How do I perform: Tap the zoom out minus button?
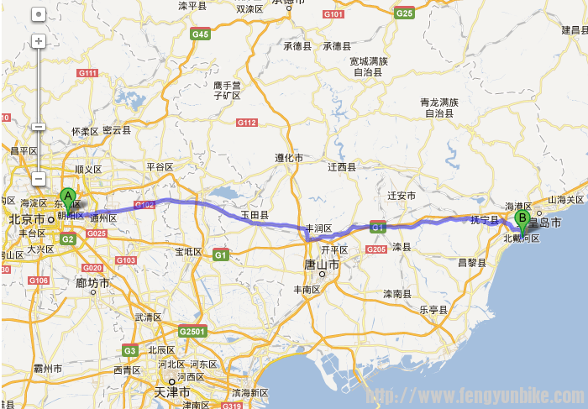pyautogui.click(x=39, y=127)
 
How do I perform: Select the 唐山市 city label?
pyautogui.click(x=323, y=265)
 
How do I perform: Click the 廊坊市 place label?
pyautogui.click(x=92, y=284)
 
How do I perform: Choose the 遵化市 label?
pyautogui.click(x=288, y=158)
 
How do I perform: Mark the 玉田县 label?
pyautogui.click(x=255, y=216)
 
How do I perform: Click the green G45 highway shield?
pyautogui.click(x=200, y=34)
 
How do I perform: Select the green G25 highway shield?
pyautogui.click(x=405, y=13)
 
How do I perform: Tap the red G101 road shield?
pyautogui.click(x=333, y=15)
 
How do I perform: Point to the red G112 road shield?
pyautogui.click(x=246, y=123)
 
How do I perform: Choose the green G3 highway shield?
pyautogui.click(x=130, y=350)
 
